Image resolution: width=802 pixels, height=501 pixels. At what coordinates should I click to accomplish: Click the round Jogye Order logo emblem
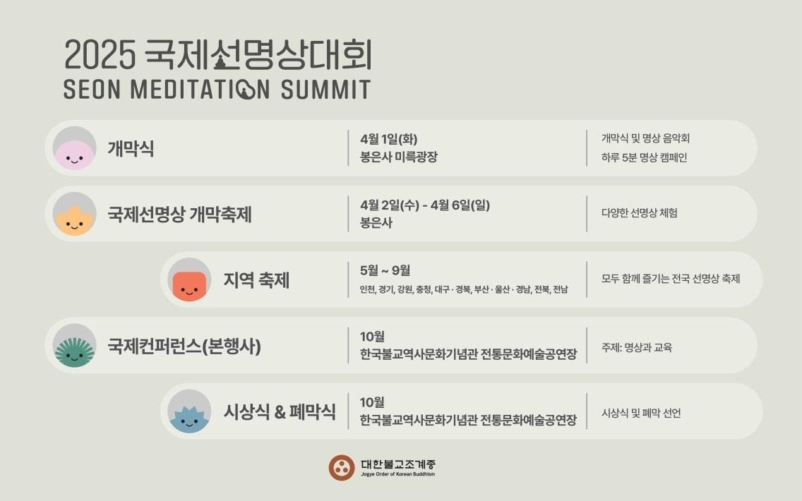tap(342, 467)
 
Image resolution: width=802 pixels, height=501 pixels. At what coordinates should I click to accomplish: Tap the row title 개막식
tap(131, 149)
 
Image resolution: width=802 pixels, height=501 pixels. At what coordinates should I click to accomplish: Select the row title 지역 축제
tap(256, 281)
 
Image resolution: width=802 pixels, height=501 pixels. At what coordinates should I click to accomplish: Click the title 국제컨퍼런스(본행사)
tap(184, 346)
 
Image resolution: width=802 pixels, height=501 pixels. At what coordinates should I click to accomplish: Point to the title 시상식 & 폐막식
tap(280, 412)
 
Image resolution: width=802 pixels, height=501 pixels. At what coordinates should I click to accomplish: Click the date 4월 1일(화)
tap(383, 139)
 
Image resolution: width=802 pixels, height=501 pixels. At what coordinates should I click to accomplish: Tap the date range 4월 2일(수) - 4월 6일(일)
tap(424, 205)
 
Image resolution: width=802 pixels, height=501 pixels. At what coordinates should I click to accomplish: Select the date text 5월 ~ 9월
tap(385, 270)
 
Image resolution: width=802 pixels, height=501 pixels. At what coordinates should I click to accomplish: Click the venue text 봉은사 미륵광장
tap(398, 157)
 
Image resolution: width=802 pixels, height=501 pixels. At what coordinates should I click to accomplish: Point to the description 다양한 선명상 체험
tap(639, 213)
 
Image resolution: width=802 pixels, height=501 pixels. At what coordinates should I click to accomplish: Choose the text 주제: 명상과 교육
tap(637, 347)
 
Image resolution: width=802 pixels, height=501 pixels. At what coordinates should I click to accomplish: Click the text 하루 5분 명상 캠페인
tap(644, 157)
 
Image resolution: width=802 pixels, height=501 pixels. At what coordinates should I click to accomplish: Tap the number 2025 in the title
tap(99, 56)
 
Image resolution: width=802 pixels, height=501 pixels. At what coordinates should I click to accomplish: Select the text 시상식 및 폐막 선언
tap(641, 414)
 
